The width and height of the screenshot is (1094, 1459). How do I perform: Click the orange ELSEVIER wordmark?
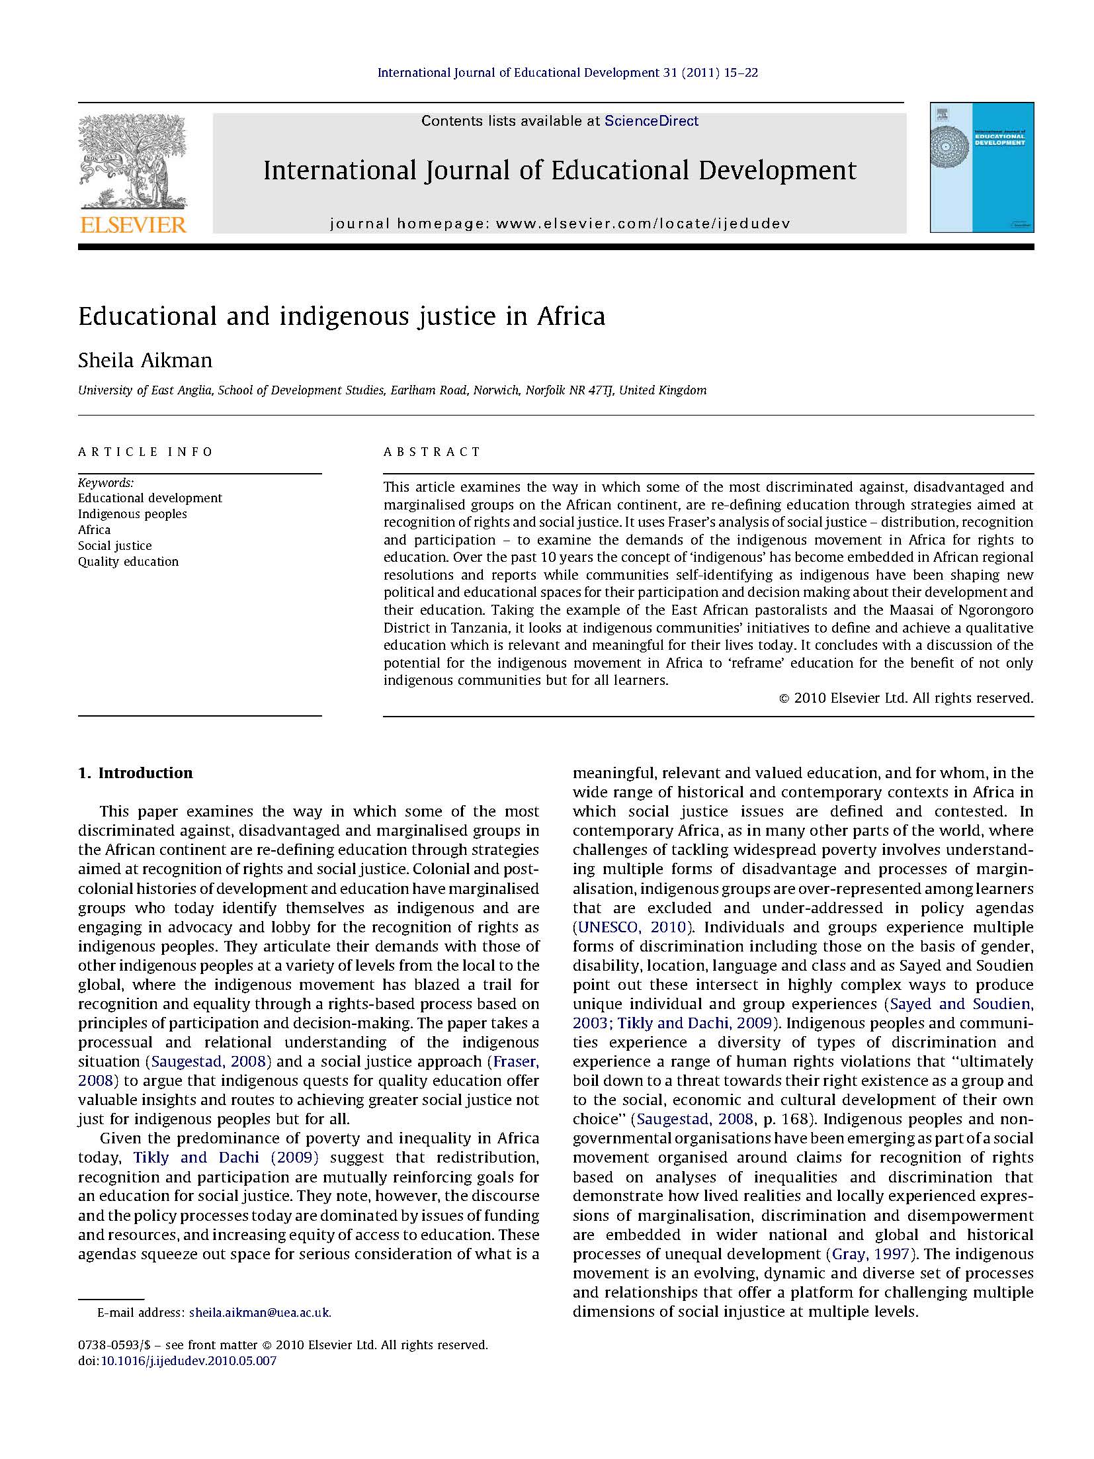click(133, 225)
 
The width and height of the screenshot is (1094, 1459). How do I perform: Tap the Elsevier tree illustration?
click(132, 163)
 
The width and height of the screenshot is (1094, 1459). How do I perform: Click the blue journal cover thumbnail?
click(981, 167)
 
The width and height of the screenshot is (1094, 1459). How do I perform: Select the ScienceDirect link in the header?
click(651, 120)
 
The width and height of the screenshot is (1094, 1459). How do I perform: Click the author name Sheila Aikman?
click(145, 361)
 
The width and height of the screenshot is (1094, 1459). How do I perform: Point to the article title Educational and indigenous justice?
click(341, 316)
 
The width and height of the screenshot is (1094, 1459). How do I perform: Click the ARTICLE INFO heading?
click(146, 452)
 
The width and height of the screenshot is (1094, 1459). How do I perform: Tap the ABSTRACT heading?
click(432, 452)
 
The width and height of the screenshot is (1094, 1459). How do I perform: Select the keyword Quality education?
click(128, 562)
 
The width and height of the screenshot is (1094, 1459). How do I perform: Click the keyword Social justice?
click(114, 546)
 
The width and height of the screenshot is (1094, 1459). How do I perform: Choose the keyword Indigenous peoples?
click(132, 514)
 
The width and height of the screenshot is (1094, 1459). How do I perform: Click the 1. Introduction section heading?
click(136, 773)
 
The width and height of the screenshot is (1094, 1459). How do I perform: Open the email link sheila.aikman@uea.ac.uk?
click(259, 1313)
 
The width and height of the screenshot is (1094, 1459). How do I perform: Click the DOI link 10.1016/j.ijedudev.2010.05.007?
click(188, 1361)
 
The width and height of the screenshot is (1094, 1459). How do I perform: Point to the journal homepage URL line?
click(560, 224)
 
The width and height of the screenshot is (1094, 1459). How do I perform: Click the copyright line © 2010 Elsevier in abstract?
click(905, 697)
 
